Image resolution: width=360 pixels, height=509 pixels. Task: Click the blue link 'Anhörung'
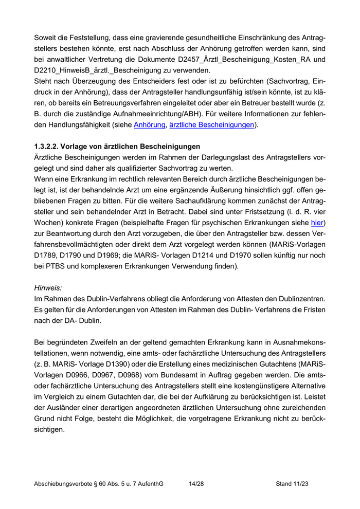pos(149,125)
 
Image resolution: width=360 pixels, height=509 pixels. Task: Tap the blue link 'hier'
pos(317,223)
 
